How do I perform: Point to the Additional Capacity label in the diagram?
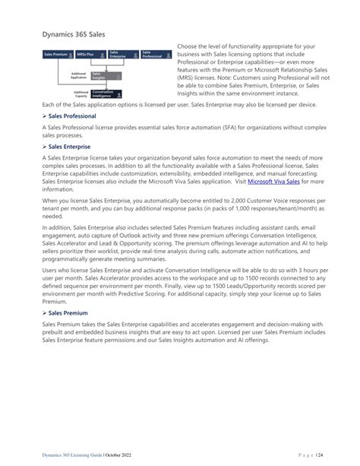[x=78, y=94]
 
